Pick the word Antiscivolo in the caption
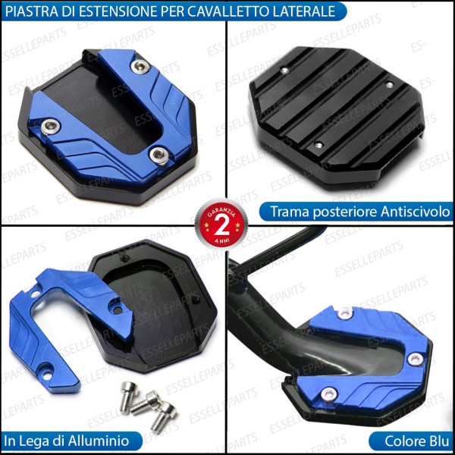411,212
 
